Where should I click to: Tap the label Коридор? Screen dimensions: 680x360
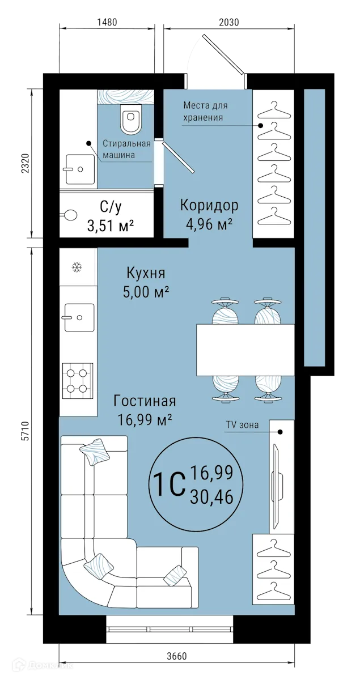(209, 205)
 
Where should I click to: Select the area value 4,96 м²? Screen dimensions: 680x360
(209, 225)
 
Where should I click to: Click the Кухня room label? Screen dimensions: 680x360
(146, 274)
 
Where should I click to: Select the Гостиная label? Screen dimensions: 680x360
(145, 401)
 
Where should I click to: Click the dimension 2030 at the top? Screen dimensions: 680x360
(229, 23)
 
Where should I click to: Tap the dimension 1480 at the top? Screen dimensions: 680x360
(107, 23)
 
